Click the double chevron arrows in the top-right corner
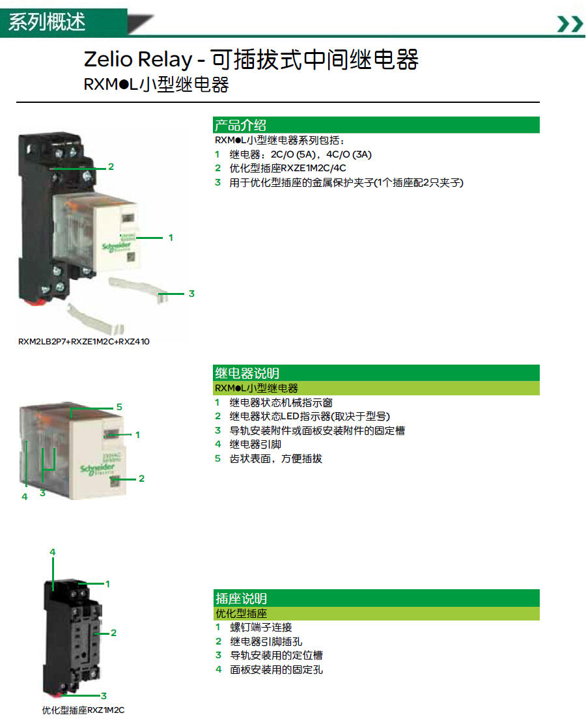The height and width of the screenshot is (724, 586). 570,23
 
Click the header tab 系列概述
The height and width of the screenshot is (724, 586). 47,22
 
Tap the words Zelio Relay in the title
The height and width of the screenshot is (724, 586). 137,59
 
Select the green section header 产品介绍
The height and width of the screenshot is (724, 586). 240,125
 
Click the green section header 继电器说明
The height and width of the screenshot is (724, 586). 247,373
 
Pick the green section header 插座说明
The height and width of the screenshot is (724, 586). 241,598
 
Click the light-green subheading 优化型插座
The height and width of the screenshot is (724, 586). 241,613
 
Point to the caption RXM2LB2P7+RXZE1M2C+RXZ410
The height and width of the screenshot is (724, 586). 84,342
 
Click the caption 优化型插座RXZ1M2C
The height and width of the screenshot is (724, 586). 83,710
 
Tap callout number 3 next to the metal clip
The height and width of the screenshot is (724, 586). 191,294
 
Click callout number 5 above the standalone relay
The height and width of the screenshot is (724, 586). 119,407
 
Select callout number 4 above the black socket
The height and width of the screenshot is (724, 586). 53,551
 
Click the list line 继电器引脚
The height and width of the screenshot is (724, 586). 255,444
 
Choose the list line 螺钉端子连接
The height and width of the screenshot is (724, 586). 261,627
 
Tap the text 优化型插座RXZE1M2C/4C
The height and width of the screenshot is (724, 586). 288,168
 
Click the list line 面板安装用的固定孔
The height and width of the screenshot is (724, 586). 276,669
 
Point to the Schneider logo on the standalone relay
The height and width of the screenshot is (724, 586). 98,469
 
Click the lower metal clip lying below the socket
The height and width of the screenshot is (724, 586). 95,320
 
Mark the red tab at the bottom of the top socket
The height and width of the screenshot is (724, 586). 35,302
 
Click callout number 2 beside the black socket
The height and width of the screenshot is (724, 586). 113,633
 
